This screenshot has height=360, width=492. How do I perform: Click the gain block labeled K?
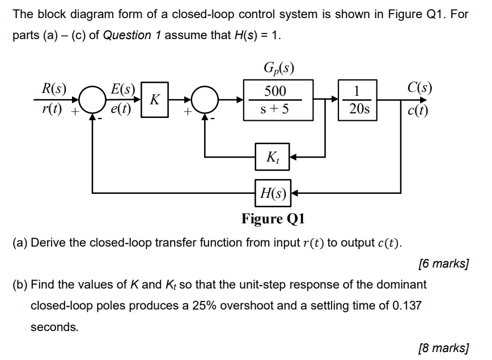coord(155,100)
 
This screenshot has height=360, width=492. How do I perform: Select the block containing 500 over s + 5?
coord(278,100)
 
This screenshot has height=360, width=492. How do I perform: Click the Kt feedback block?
coord(272,156)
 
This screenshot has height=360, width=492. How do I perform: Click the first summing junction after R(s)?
coord(92,100)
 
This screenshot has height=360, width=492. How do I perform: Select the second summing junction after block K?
coord(205,100)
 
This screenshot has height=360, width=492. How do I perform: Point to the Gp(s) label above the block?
coord(277,70)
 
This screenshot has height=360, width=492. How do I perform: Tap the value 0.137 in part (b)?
coord(406,305)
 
